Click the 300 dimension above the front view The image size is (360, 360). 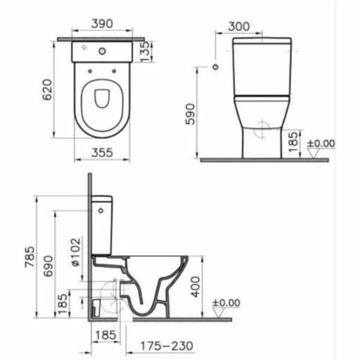tap(240, 25)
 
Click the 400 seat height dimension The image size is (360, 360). tap(196, 285)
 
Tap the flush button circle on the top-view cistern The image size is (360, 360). tap(103, 51)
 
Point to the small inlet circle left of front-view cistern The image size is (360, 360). tap(214, 68)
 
